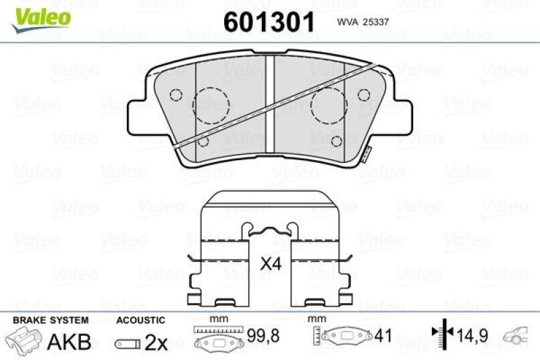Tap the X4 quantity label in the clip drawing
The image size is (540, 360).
[271, 263]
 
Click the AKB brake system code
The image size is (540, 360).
[69, 342]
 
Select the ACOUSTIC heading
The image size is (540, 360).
[140, 320]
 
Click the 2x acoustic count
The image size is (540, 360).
[156, 343]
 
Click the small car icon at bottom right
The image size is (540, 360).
[520, 334]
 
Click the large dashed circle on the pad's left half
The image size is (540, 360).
[211, 105]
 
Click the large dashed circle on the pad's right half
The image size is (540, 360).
[329, 105]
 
